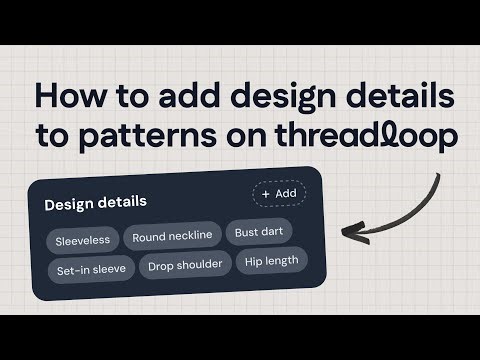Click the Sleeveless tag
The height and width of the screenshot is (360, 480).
(83, 239)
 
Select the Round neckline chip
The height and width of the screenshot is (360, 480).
(172, 236)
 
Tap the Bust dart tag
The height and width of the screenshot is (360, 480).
(260, 233)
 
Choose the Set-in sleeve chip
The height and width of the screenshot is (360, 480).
(90, 270)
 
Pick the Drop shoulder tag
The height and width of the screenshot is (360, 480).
(186, 267)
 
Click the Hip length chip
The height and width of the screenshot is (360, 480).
(270, 262)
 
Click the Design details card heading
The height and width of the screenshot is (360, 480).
(95, 202)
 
